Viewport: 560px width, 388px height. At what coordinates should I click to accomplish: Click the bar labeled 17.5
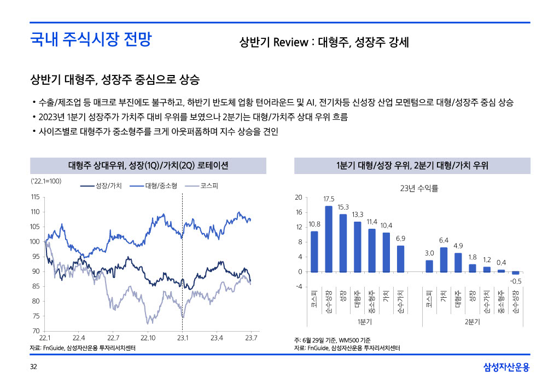[x=329, y=239]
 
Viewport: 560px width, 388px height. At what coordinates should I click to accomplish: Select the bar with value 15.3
[x=343, y=243]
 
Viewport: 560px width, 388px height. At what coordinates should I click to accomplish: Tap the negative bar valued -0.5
[x=515, y=273]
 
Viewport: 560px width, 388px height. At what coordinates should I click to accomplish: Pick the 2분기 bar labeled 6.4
[x=444, y=260]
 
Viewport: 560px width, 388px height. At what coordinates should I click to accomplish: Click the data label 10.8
[x=314, y=224]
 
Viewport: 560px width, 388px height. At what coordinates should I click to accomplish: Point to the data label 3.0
[x=429, y=253]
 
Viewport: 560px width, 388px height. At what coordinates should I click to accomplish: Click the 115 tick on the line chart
[x=34, y=197]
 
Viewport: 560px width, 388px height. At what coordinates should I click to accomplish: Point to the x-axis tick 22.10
[x=148, y=338]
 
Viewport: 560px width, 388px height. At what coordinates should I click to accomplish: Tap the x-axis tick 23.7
[x=251, y=338]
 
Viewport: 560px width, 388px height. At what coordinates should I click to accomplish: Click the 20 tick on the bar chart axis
[x=298, y=197]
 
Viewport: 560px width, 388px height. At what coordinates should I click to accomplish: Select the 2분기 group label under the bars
[x=472, y=322]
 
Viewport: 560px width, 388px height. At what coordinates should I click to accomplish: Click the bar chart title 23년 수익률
[x=419, y=188]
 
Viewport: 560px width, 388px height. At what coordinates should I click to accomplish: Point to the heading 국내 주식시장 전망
[x=91, y=39]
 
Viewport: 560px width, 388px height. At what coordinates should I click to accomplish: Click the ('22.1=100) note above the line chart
[x=46, y=181]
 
